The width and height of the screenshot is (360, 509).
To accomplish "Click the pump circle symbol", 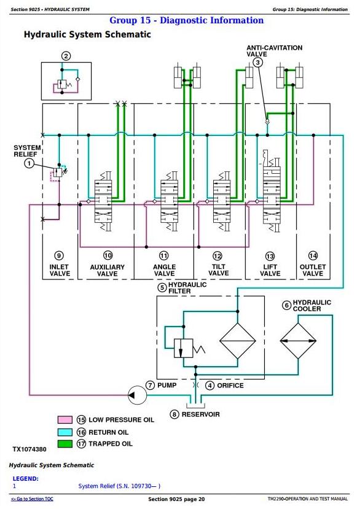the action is coord(137,395).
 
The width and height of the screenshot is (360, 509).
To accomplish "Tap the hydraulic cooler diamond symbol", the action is coord(298,341).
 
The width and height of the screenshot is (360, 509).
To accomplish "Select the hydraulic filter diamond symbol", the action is coord(238,341).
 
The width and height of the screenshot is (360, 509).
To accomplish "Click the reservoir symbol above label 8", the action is coord(195,405).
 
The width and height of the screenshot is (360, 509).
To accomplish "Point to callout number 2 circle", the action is coord(66,56).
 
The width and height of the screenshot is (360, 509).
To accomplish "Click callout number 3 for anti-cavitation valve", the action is coord(258,62).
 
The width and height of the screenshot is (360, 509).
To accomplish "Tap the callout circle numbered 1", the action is coord(29,163).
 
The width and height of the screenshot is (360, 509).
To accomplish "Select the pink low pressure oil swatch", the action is coord(65,420).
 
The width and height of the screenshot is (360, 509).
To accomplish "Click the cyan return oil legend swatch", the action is coord(65,432).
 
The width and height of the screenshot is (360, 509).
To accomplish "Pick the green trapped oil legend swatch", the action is coord(65,444).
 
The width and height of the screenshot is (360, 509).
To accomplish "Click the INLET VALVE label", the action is coord(60,270).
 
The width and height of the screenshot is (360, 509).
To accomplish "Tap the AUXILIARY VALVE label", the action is coord(108,270).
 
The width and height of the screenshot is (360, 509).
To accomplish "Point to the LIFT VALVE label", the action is coord(270,270).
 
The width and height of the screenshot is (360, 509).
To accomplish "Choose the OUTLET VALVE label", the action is coord(313,270).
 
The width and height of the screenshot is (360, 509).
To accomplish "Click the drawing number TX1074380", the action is coord(29,449).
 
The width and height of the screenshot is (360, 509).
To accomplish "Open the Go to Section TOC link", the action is coord(32,499).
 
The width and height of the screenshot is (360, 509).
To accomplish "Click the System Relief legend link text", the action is coord(119,486).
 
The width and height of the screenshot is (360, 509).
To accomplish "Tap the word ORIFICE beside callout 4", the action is coord(230,386).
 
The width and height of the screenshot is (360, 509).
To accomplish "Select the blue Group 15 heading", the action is coord(187,20).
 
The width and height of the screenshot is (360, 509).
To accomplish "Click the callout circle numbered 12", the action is coord(217,256).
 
